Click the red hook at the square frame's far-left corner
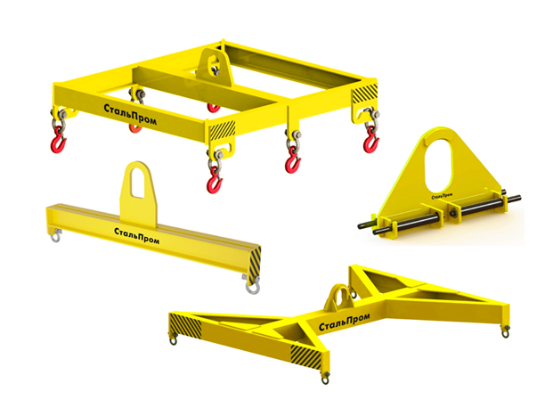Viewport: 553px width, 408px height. (58, 141)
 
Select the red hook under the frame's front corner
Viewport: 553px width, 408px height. (214, 180)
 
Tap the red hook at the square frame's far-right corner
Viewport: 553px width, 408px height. (370, 140)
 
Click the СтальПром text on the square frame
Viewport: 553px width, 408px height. (130, 114)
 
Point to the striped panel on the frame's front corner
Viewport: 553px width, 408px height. (223, 130)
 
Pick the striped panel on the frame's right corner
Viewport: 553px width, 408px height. (365, 94)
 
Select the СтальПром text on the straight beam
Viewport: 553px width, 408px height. (136, 236)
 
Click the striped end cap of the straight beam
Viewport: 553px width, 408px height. (255, 265)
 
